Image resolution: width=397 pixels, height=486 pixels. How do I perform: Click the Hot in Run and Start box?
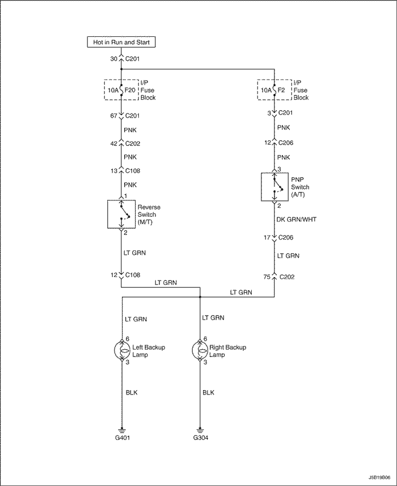click(121, 42)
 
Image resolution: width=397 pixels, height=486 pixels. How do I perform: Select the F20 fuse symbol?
click(121, 90)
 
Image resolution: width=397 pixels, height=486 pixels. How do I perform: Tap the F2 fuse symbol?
click(274, 90)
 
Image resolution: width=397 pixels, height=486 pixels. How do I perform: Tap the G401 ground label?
click(123, 438)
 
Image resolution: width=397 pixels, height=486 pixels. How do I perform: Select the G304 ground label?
click(201, 438)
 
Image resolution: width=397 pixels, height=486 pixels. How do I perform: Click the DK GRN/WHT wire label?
click(297, 220)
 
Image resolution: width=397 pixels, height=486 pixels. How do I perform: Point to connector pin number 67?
click(113, 116)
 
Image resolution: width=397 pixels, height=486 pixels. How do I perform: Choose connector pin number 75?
click(267, 277)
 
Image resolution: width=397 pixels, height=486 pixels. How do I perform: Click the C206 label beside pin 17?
click(286, 238)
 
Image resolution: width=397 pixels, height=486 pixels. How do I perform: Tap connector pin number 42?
click(113, 144)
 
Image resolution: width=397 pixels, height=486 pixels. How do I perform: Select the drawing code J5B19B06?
click(379, 477)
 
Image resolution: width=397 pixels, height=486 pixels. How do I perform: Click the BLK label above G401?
click(132, 393)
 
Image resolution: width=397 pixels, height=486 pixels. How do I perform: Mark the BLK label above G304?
click(208, 393)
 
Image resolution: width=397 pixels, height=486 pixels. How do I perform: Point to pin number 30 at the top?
click(113, 59)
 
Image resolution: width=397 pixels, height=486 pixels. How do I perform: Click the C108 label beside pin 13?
click(133, 171)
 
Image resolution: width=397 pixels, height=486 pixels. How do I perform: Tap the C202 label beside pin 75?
click(287, 277)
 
